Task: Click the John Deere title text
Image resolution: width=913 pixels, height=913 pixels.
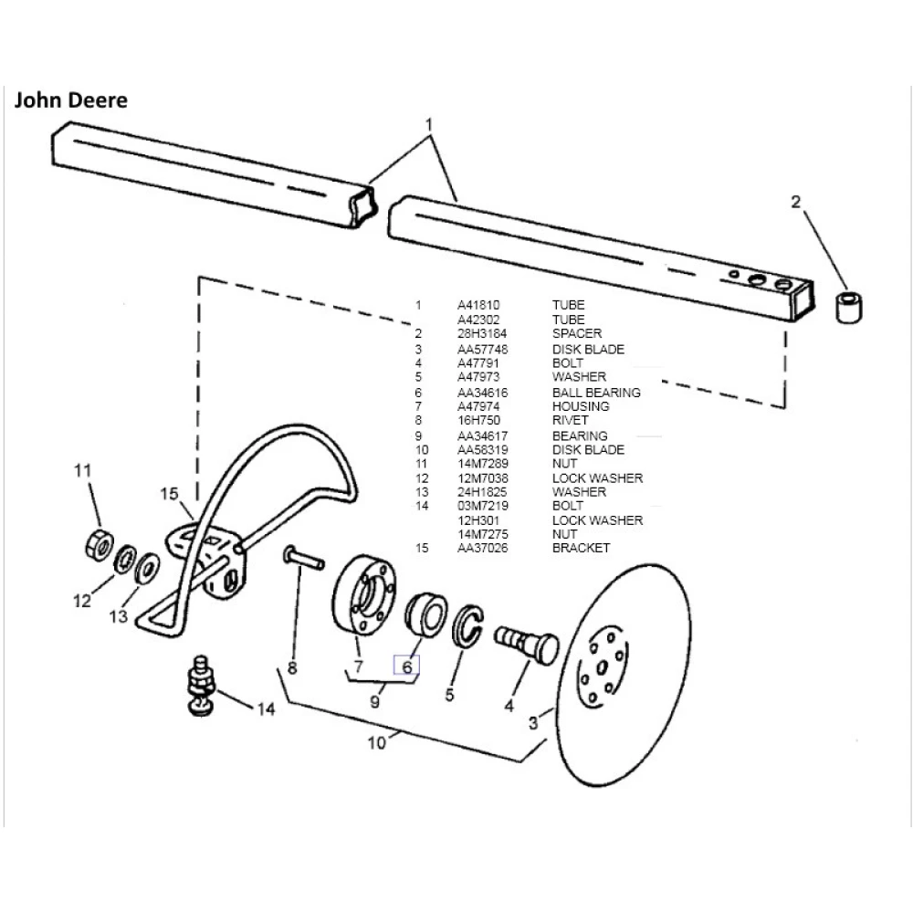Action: [70, 100]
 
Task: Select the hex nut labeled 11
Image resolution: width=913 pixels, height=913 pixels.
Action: [99, 544]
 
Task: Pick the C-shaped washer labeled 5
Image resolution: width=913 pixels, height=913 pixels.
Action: [468, 625]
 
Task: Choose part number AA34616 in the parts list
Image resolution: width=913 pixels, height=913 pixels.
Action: [482, 393]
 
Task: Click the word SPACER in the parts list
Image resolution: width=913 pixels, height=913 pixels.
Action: [576, 334]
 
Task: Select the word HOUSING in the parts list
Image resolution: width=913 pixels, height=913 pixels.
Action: [580, 406]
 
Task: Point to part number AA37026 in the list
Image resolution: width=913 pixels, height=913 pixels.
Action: [482, 548]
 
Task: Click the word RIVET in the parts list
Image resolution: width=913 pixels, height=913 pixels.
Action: [570, 421]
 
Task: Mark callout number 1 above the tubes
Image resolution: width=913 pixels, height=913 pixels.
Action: [429, 123]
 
